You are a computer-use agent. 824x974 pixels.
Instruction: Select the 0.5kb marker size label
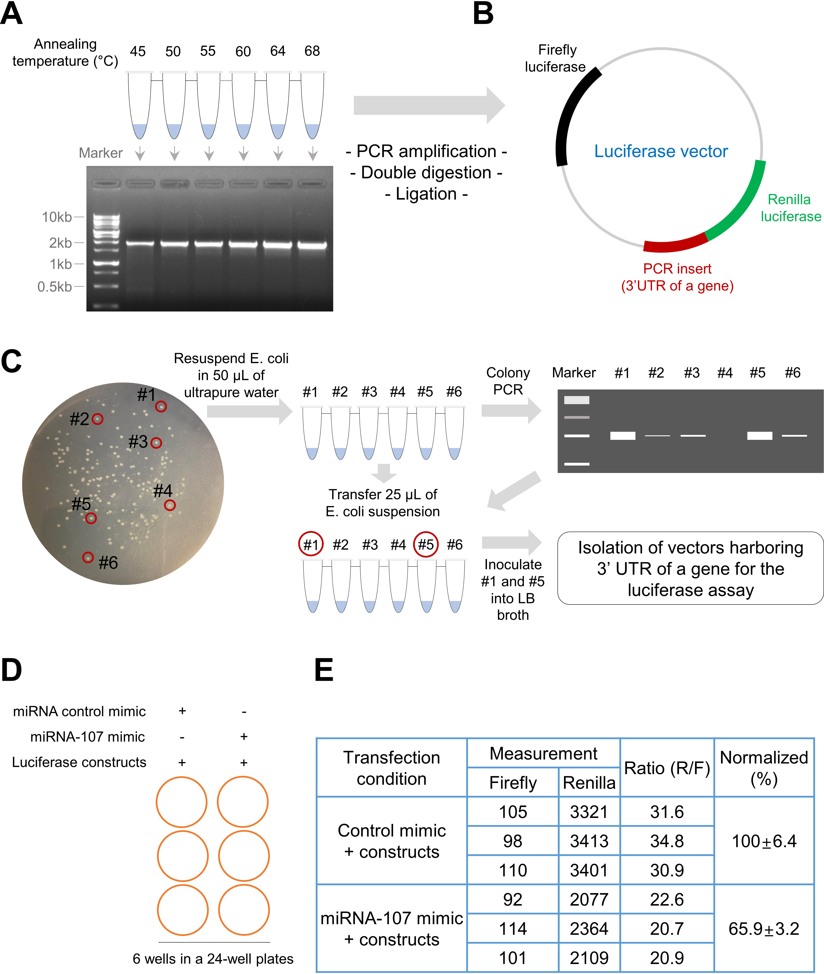pyautogui.click(x=55, y=286)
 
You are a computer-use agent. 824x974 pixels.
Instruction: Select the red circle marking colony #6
pyautogui.click(x=88, y=557)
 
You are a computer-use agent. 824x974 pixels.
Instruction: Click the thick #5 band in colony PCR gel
pyautogui.click(x=759, y=436)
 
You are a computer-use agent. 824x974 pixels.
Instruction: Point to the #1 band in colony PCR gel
pyautogui.click(x=623, y=436)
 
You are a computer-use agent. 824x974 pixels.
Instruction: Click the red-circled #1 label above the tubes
pyautogui.click(x=311, y=545)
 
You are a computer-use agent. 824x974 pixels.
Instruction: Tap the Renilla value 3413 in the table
pyautogui.click(x=589, y=841)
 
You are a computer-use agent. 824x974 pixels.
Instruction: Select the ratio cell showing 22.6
pyautogui.click(x=667, y=900)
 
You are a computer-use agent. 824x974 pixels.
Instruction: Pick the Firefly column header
pyautogui.click(x=513, y=783)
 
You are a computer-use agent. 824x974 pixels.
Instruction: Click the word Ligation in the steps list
pyautogui.click(x=426, y=194)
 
